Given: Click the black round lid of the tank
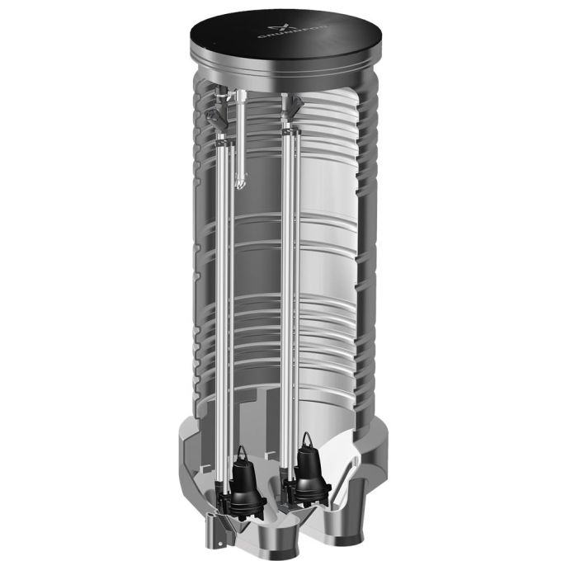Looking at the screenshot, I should point(280,41).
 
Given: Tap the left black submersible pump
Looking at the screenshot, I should point(245,478).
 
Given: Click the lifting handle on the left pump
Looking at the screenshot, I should point(243,450).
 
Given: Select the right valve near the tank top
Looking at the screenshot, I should point(293,106).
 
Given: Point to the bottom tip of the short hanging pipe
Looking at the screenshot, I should point(240,184).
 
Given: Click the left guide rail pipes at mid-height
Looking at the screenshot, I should point(224,289).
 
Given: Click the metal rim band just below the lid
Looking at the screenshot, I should point(280,74).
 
